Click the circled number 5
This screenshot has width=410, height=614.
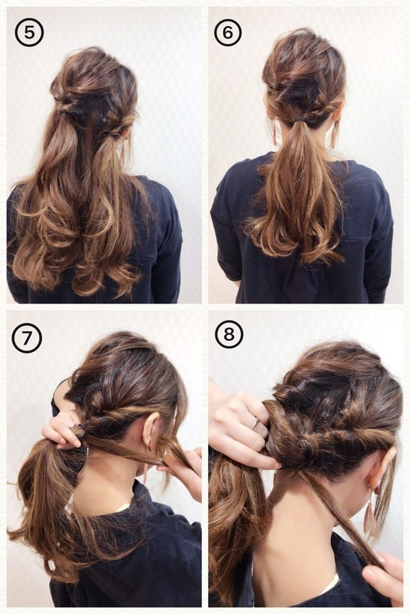click(x=29, y=32)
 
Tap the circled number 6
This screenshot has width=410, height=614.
click(x=228, y=32)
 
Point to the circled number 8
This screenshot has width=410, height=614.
click(x=228, y=334)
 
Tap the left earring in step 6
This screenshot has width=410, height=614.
click(x=274, y=134)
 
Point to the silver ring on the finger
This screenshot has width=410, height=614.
click(x=255, y=423)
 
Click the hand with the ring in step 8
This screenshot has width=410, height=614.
click(x=243, y=427)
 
